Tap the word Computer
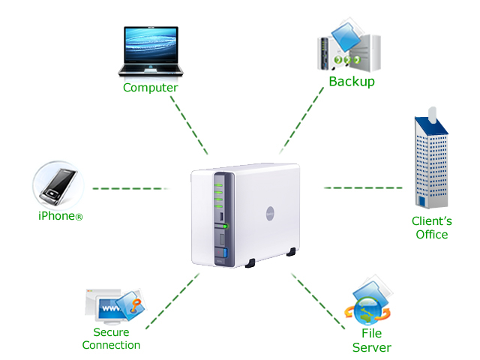point(150,88)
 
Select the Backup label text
point(351,81)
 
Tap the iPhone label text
point(60,216)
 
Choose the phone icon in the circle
point(57,184)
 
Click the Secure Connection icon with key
point(112,306)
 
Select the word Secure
point(111,332)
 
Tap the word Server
point(372,347)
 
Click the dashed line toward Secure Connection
point(172,301)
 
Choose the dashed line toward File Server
point(315,297)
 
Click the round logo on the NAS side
point(273,214)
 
